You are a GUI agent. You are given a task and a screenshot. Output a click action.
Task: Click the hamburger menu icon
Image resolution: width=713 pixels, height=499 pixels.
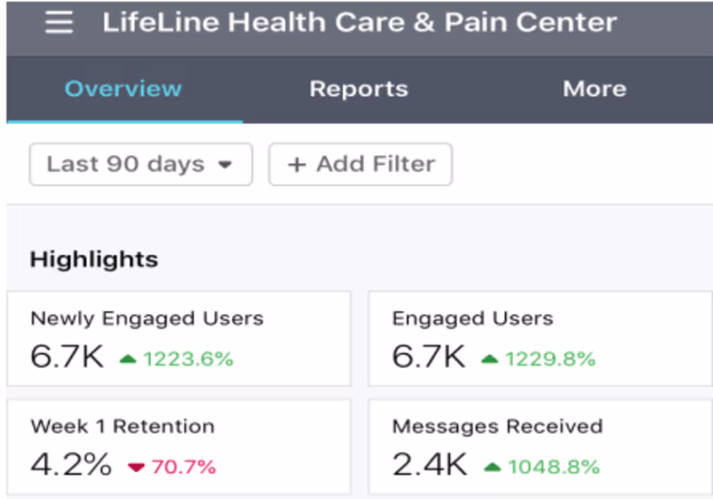point(58,23)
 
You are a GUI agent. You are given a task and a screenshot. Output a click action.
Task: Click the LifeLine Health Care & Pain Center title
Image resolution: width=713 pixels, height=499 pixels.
point(360,23)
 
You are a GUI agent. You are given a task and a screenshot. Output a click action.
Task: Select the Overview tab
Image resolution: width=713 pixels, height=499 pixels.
point(123,89)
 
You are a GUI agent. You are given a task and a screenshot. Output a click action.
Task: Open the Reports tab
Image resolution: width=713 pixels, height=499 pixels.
point(358,89)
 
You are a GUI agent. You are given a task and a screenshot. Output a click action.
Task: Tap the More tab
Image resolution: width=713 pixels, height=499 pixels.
point(594,89)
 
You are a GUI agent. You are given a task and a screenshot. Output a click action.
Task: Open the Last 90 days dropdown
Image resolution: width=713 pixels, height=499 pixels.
point(140,164)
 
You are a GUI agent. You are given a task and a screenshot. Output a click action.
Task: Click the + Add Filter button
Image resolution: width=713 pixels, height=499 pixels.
point(360,164)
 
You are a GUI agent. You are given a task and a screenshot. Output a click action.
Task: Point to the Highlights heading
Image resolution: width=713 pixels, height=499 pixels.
point(94,260)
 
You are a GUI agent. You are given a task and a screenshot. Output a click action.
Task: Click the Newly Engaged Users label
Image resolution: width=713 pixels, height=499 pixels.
point(147,319)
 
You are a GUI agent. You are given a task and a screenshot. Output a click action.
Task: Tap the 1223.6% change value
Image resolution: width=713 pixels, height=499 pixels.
point(188,359)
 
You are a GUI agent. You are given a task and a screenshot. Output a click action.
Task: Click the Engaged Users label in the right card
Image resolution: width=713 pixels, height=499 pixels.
point(473,319)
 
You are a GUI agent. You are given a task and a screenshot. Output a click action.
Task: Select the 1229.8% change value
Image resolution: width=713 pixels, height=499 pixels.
point(550,359)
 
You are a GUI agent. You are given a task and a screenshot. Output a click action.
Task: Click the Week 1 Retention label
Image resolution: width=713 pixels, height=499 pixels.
point(123,426)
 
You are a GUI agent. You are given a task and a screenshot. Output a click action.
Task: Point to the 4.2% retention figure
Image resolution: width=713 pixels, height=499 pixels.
point(71,465)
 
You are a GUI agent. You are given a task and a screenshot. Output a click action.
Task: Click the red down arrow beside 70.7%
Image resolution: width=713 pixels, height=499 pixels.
point(136,467)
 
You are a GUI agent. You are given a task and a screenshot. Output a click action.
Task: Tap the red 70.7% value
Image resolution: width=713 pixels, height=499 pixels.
point(183,467)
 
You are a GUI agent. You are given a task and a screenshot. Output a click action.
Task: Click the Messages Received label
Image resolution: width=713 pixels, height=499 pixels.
point(497,426)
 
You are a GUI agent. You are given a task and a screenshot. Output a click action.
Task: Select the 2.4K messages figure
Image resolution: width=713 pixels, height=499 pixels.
point(429,465)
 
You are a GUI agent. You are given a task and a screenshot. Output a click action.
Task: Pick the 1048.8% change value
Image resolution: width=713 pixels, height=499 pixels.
point(554,467)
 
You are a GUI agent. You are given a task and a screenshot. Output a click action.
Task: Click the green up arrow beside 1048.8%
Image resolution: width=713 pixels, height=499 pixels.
point(493,467)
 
